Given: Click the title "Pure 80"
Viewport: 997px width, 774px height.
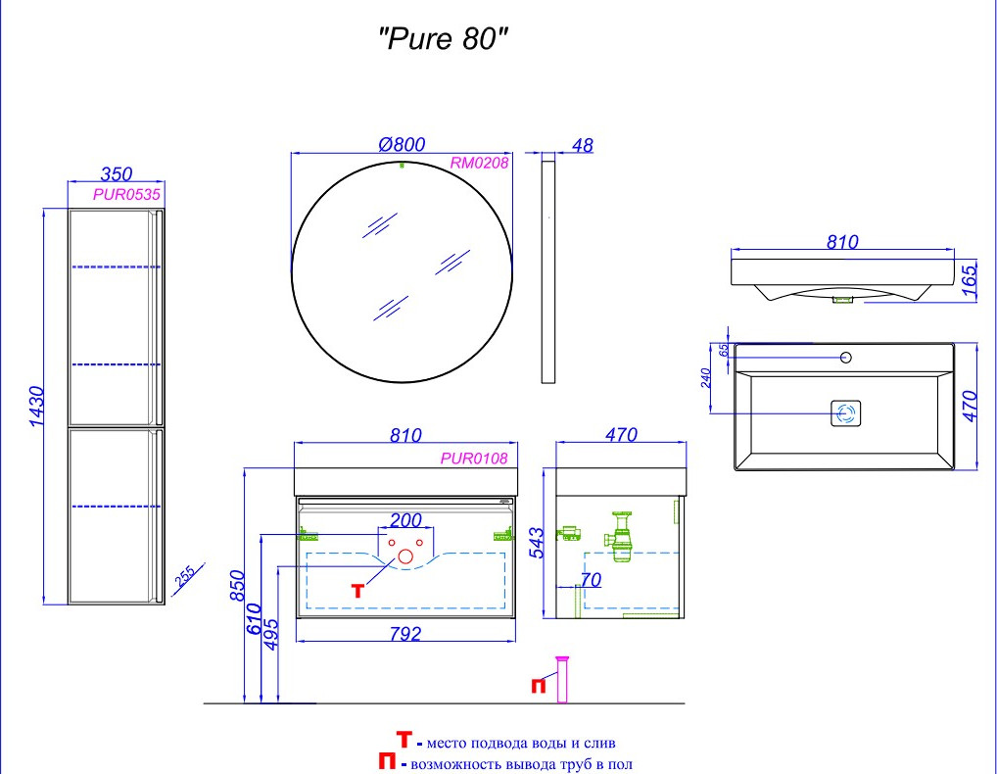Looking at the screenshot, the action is [x=444, y=39].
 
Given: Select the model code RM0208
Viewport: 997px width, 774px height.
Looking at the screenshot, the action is [x=479, y=163].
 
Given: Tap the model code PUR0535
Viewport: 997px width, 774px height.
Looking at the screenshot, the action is [x=126, y=194].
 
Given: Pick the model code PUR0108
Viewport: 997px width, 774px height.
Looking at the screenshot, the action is [x=474, y=458].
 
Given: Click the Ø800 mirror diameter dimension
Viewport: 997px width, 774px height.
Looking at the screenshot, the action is [x=402, y=144].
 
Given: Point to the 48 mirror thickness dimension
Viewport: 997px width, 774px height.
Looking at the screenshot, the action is [x=583, y=146].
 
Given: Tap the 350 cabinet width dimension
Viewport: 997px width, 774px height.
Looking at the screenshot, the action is [x=117, y=173].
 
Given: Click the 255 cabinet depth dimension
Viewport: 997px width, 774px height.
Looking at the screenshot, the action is [x=185, y=576].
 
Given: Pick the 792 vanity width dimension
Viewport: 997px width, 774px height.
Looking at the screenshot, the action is [x=405, y=634].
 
